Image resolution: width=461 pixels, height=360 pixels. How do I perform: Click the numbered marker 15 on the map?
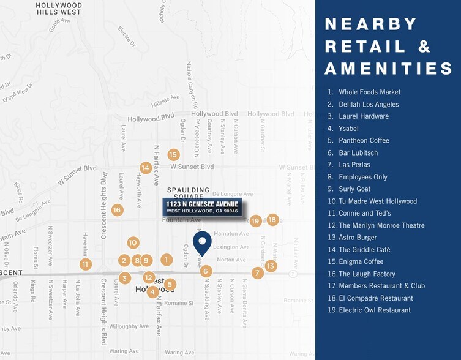click(x=173, y=155)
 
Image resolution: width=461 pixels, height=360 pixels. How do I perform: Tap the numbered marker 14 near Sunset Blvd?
click(x=145, y=168)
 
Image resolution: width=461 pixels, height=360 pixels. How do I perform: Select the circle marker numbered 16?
click(x=117, y=210)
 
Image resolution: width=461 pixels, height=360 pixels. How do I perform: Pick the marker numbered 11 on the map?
click(x=85, y=264)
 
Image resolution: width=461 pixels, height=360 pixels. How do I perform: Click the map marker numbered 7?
click(x=257, y=273)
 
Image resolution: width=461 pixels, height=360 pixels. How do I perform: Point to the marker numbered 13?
click(x=271, y=266)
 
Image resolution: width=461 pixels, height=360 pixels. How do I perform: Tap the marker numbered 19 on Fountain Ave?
click(x=255, y=221)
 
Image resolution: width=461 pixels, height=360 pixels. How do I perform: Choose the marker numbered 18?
click(x=272, y=219)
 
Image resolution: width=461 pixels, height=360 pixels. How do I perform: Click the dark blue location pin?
click(x=202, y=242)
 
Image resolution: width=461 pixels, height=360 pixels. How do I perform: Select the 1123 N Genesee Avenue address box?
click(x=202, y=207)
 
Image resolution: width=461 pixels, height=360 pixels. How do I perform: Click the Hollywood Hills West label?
click(x=59, y=9)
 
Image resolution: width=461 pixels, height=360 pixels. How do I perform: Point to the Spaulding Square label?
click(x=189, y=193)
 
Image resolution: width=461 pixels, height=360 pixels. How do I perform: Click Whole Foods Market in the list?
click(x=369, y=92)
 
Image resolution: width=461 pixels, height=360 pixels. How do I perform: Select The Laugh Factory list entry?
click(x=366, y=274)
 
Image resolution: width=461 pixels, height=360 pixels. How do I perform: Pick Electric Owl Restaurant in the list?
click(x=374, y=310)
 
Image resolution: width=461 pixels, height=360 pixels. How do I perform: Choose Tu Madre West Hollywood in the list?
click(x=377, y=201)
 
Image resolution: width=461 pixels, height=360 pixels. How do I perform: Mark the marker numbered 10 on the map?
click(x=133, y=242)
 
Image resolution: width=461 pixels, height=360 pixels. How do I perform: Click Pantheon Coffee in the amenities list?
click(x=364, y=140)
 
